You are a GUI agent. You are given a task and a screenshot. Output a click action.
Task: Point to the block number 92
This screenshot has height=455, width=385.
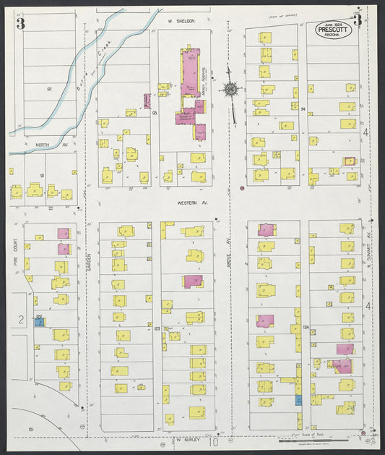click(50, 89)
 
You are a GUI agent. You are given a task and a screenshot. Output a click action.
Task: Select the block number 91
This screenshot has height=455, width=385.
click(43, 176)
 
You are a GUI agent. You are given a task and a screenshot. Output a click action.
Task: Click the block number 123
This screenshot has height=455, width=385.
click(156, 328)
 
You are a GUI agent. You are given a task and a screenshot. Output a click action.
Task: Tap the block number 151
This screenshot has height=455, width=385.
click(31, 430)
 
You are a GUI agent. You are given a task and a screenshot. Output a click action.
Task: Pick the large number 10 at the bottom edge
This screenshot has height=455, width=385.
click(213, 441)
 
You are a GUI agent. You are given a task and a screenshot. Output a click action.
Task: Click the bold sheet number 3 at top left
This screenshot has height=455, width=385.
click(22, 22)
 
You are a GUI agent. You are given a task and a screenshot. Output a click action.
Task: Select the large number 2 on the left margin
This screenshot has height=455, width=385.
click(21, 319)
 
